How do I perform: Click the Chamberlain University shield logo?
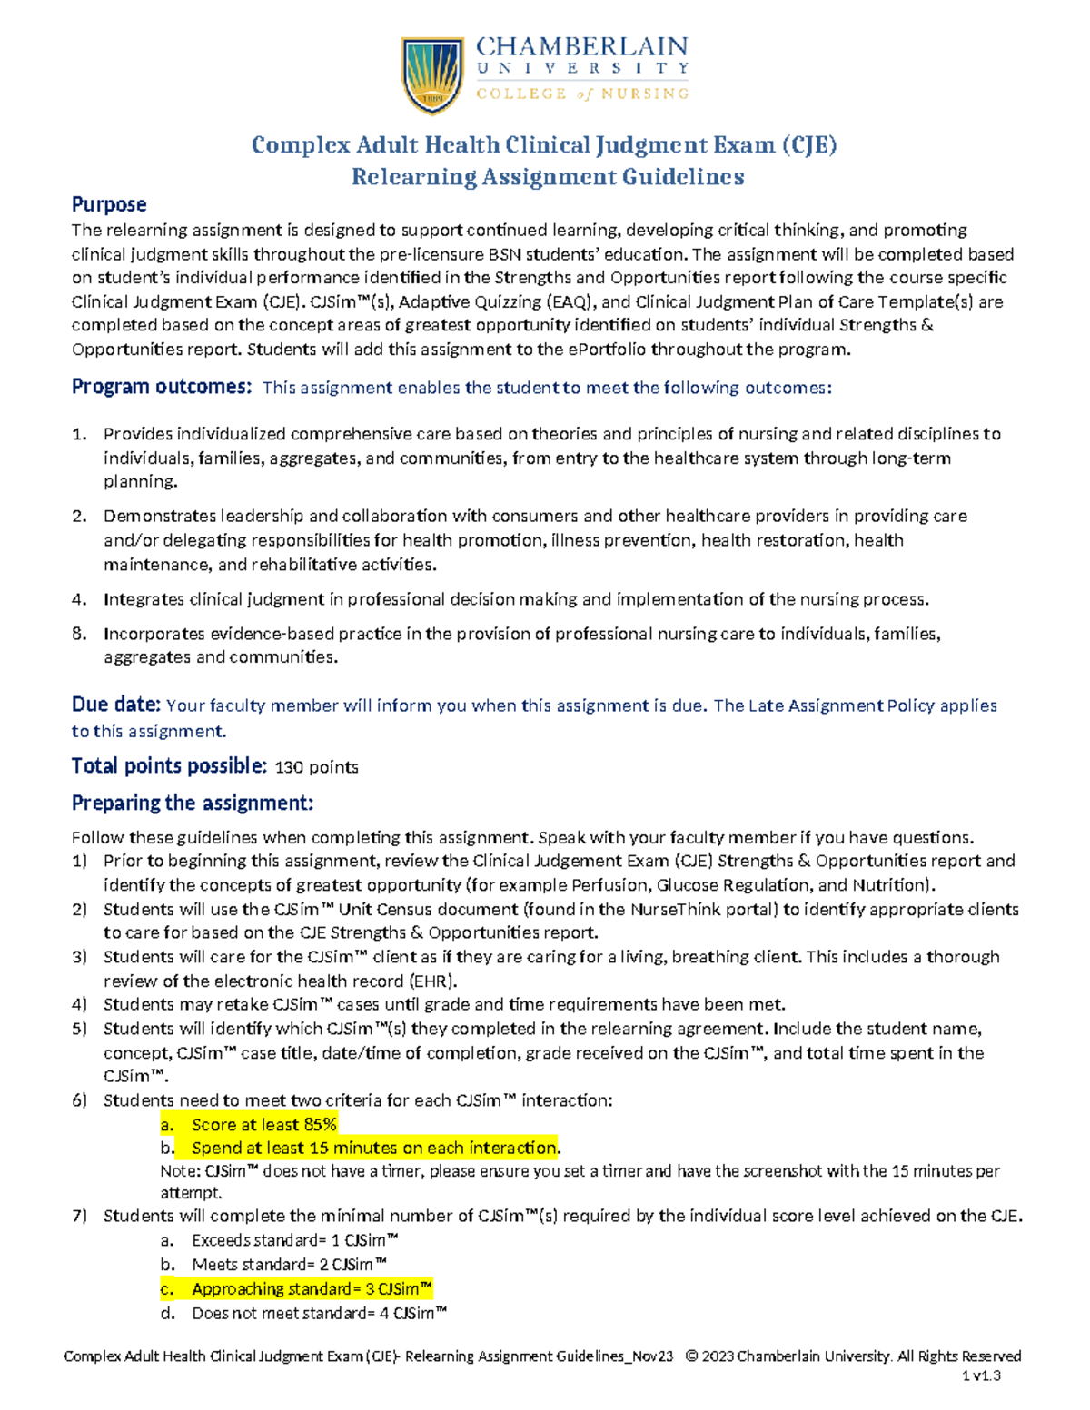(434, 75)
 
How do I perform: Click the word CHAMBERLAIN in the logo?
(582, 46)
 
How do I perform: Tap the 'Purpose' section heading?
(109, 204)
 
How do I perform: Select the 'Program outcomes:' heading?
(161, 387)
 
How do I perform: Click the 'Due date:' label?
(116, 705)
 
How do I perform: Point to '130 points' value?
(316, 767)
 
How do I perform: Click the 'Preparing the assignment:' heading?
(192, 803)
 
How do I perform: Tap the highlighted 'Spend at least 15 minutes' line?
(374, 1148)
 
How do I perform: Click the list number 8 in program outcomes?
(79, 634)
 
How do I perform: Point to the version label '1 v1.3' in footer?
(981, 1375)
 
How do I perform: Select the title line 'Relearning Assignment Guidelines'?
(548, 177)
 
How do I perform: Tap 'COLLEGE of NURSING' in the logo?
(582, 94)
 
